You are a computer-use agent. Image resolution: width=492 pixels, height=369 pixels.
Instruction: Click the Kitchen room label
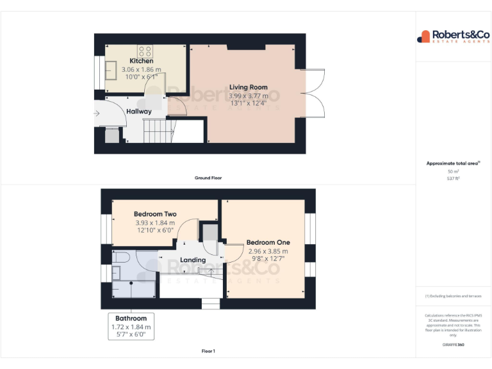(141, 61)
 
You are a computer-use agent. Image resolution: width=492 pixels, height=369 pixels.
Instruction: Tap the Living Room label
(249, 87)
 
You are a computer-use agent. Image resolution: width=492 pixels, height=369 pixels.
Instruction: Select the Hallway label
(138, 111)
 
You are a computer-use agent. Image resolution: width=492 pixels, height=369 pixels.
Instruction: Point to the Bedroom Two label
(155, 214)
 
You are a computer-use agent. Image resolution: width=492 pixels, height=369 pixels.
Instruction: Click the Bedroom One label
(268, 242)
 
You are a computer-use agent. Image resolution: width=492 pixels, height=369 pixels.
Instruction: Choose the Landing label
(193, 260)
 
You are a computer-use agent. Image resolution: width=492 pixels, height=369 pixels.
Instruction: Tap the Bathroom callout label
(131, 318)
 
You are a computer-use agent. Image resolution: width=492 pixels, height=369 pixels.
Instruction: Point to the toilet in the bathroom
(122, 257)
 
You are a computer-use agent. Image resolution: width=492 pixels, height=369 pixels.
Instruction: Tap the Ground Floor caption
(208, 177)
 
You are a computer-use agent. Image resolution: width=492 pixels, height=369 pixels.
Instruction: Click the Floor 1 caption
(208, 351)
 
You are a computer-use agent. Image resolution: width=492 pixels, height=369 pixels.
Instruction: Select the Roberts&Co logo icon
(423, 37)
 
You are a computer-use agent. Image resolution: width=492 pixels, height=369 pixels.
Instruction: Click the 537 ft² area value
(454, 179)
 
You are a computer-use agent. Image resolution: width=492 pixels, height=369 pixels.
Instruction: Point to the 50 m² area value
(454, 172)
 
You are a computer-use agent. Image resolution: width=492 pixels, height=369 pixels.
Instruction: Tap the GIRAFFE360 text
(453, 345)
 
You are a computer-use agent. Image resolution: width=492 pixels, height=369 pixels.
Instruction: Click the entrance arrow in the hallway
(97, 114)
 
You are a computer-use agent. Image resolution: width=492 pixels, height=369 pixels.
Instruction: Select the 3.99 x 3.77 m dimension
(249, 95)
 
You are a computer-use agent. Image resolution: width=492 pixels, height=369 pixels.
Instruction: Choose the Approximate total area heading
(452, 163)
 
